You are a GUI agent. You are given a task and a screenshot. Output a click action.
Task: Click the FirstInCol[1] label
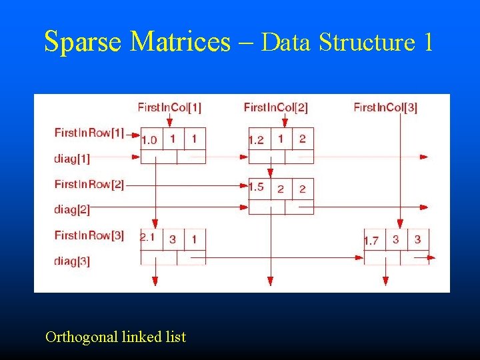[169, 107]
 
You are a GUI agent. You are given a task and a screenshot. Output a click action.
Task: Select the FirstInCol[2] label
[275, 107]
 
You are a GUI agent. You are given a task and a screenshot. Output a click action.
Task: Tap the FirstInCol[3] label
[385, 107]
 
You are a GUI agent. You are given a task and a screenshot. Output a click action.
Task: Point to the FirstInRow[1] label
[89, 133]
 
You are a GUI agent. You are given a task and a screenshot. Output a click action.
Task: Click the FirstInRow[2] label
[89, 183]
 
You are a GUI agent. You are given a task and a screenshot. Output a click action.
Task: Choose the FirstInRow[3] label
[89, 235]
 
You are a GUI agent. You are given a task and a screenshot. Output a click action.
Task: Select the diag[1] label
[72, 159]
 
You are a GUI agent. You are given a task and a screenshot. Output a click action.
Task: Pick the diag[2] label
[72, 209]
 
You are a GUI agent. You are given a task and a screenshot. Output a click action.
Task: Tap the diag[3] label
[72, 261]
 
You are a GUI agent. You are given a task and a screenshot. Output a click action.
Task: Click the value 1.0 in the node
[149, 140]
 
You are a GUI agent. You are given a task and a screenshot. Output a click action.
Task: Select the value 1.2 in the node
[256, 140]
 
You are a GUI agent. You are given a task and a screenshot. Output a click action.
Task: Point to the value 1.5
[256, 187]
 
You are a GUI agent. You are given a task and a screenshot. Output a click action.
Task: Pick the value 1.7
[371, 241]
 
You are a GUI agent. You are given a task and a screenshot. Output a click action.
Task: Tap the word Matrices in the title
[180, 42]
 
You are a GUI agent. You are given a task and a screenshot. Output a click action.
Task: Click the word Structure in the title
[367, 42]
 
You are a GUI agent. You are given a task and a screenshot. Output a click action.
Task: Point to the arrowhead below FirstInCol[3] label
[399, 225]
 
